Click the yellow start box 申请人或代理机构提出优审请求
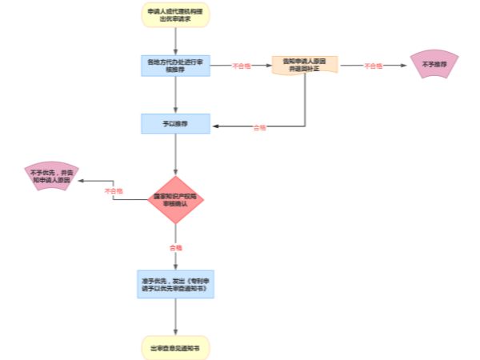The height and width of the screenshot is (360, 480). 175,15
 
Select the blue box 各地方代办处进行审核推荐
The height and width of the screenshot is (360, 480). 175,66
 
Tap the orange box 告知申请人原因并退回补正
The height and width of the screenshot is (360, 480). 305,65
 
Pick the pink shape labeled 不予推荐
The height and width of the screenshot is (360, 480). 434,64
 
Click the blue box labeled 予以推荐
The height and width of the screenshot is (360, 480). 175,123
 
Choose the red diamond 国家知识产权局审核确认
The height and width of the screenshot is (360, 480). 175,199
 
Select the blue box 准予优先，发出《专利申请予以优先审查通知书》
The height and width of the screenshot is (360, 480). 175,284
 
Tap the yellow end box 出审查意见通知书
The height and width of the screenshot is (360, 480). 175,348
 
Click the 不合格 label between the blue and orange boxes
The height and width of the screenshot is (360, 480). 241,66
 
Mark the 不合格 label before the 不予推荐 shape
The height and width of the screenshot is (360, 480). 373,66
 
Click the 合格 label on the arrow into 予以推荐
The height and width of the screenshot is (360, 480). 259,126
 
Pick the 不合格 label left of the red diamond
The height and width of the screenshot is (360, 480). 114,191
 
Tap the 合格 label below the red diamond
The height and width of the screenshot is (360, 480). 175,247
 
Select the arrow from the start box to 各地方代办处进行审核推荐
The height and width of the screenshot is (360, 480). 175,42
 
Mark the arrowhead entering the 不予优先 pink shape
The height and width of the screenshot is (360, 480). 78,182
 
